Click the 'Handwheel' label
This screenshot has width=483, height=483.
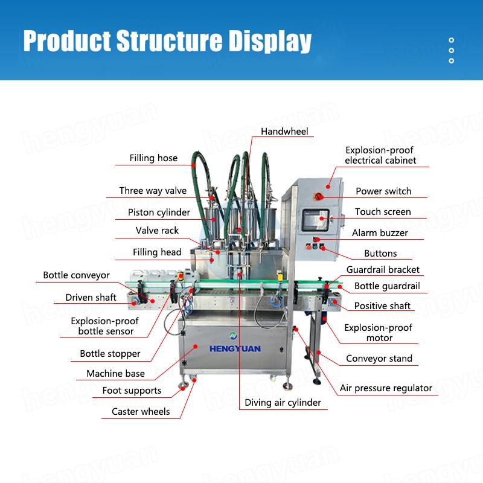284,131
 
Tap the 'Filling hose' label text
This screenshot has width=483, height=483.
153,158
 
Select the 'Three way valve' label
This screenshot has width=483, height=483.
153,191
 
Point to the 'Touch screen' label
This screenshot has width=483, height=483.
383,212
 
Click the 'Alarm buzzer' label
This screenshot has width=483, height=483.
380,233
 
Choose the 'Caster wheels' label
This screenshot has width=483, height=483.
141,412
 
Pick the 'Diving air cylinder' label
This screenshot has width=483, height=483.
283,402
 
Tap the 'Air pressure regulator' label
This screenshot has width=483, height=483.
386,388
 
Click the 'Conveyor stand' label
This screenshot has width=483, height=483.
379,359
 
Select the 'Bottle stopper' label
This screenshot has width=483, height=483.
110,354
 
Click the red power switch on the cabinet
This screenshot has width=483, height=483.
318,196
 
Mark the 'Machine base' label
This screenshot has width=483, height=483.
115,374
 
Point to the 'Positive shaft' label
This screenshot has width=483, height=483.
382,306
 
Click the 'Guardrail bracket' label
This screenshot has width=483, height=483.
383,270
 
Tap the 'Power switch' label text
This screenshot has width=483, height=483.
383,191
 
